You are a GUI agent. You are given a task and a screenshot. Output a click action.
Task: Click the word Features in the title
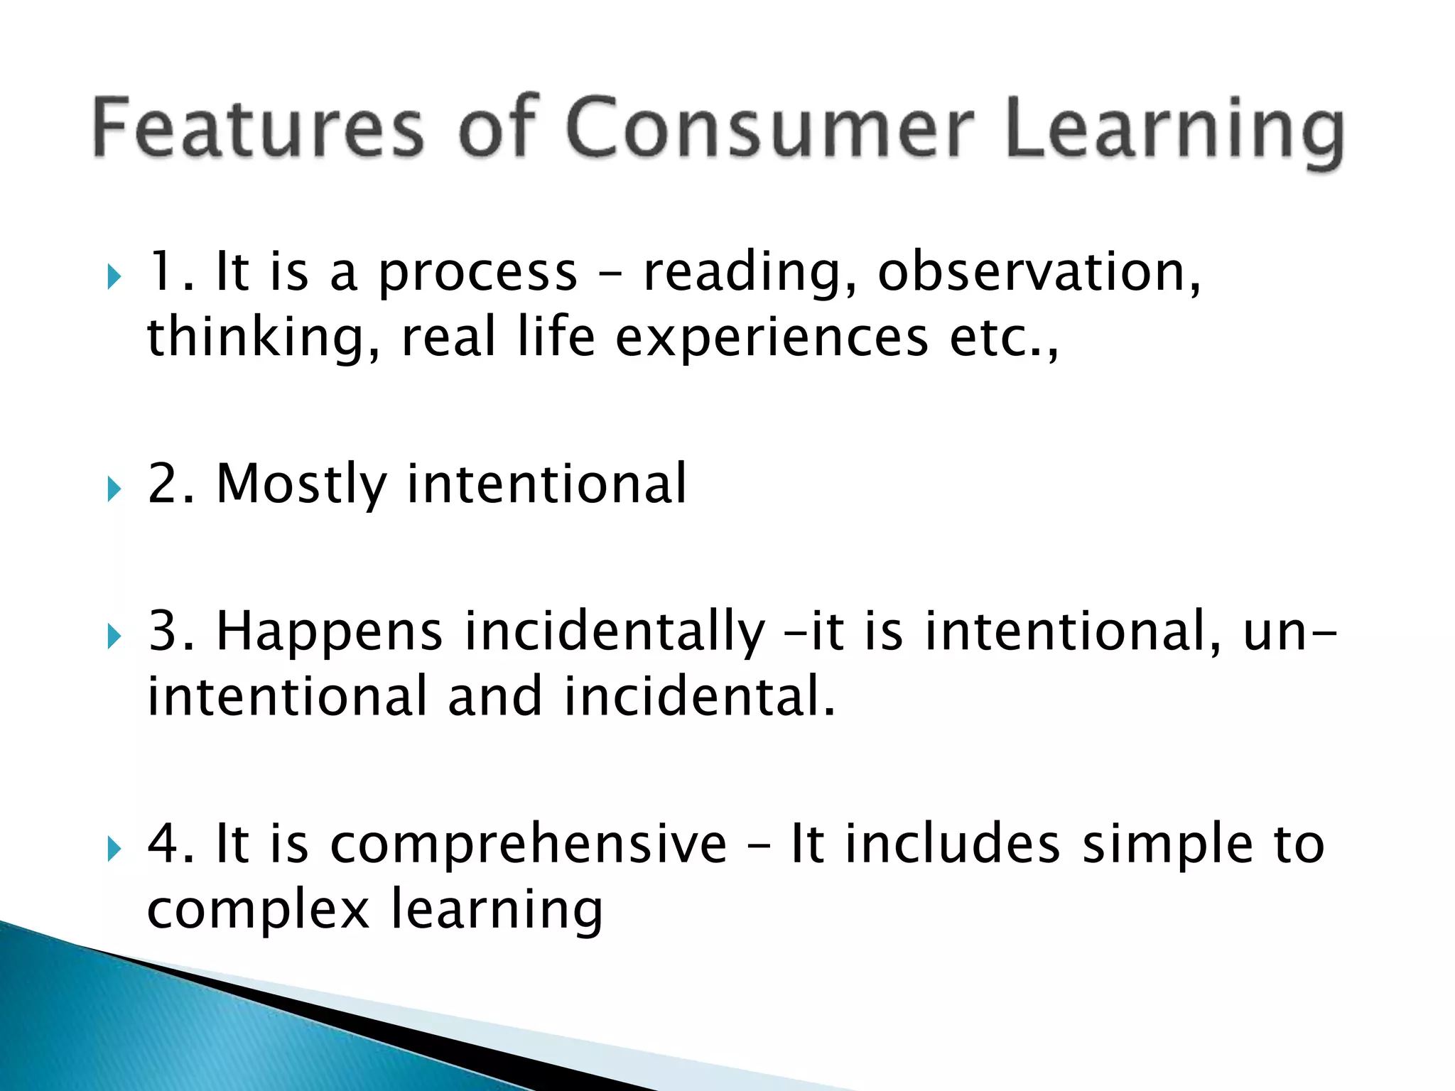258,128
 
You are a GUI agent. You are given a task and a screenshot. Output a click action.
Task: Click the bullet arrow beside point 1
114,276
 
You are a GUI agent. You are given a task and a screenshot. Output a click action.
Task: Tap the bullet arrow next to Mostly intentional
114,489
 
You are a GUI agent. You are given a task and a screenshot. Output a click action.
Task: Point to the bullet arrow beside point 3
114,636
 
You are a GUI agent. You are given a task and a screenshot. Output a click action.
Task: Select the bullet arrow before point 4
114,848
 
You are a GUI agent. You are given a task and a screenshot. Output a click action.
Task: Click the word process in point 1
477,273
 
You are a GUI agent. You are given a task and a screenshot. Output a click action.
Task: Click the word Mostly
302,484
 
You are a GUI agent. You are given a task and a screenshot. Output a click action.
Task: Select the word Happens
330,632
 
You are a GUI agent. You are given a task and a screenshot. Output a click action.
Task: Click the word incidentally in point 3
615,632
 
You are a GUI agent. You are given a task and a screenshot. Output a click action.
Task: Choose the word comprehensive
529,844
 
